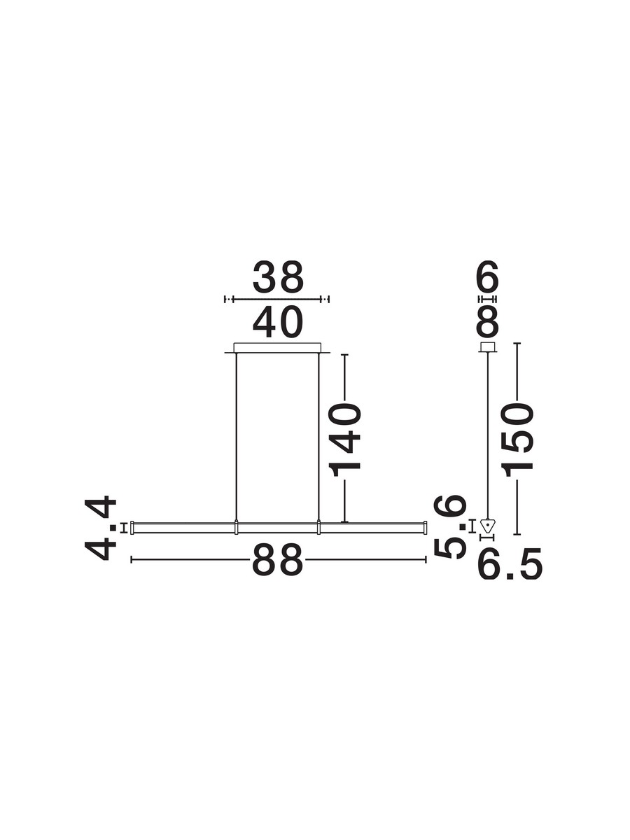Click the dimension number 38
click(278, 276)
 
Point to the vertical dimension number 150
click(518, 440)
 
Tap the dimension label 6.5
click(510, 565)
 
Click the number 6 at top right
click(488, 276)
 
